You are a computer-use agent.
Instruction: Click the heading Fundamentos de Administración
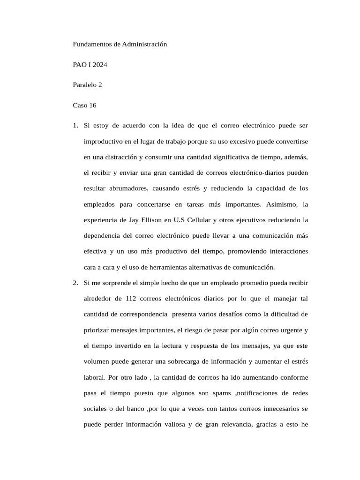(120, 44)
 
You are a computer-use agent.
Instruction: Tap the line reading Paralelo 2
(87, 85)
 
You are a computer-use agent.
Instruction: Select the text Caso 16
(84, 105)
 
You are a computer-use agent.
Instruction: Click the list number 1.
(75, 126)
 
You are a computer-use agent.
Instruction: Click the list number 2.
(75, 283)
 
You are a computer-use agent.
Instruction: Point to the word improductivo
(104, 141)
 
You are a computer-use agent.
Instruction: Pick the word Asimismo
(283, 204)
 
